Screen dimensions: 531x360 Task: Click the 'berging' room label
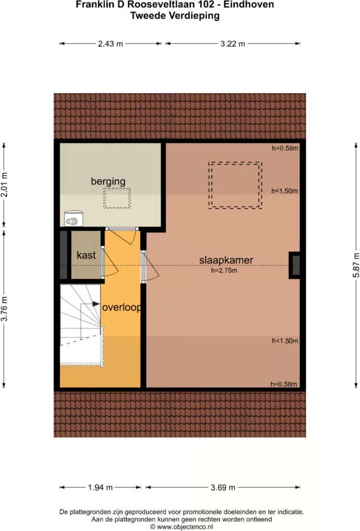tap(108, 182)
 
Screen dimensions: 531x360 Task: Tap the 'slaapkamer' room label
tap(226, 260)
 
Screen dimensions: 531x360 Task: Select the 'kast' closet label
tap(86, 255)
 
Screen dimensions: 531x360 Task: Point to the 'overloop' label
tap(121, 308)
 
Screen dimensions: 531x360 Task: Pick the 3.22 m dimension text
tap(232, 44)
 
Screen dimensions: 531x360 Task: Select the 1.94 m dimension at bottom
tap(100, 487)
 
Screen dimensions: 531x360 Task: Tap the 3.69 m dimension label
tap(222, 487)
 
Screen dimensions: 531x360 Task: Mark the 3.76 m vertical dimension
tap(5, 309)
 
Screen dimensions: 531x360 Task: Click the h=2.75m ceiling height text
tap(224, 270)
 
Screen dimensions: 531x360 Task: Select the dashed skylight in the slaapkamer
tap(236, 185)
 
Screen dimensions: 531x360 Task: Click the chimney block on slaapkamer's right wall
tap(295, 265)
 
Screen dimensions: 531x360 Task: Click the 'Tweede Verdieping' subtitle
tap(175, 16)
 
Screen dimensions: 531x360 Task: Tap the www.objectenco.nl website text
tap(184, 527)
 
